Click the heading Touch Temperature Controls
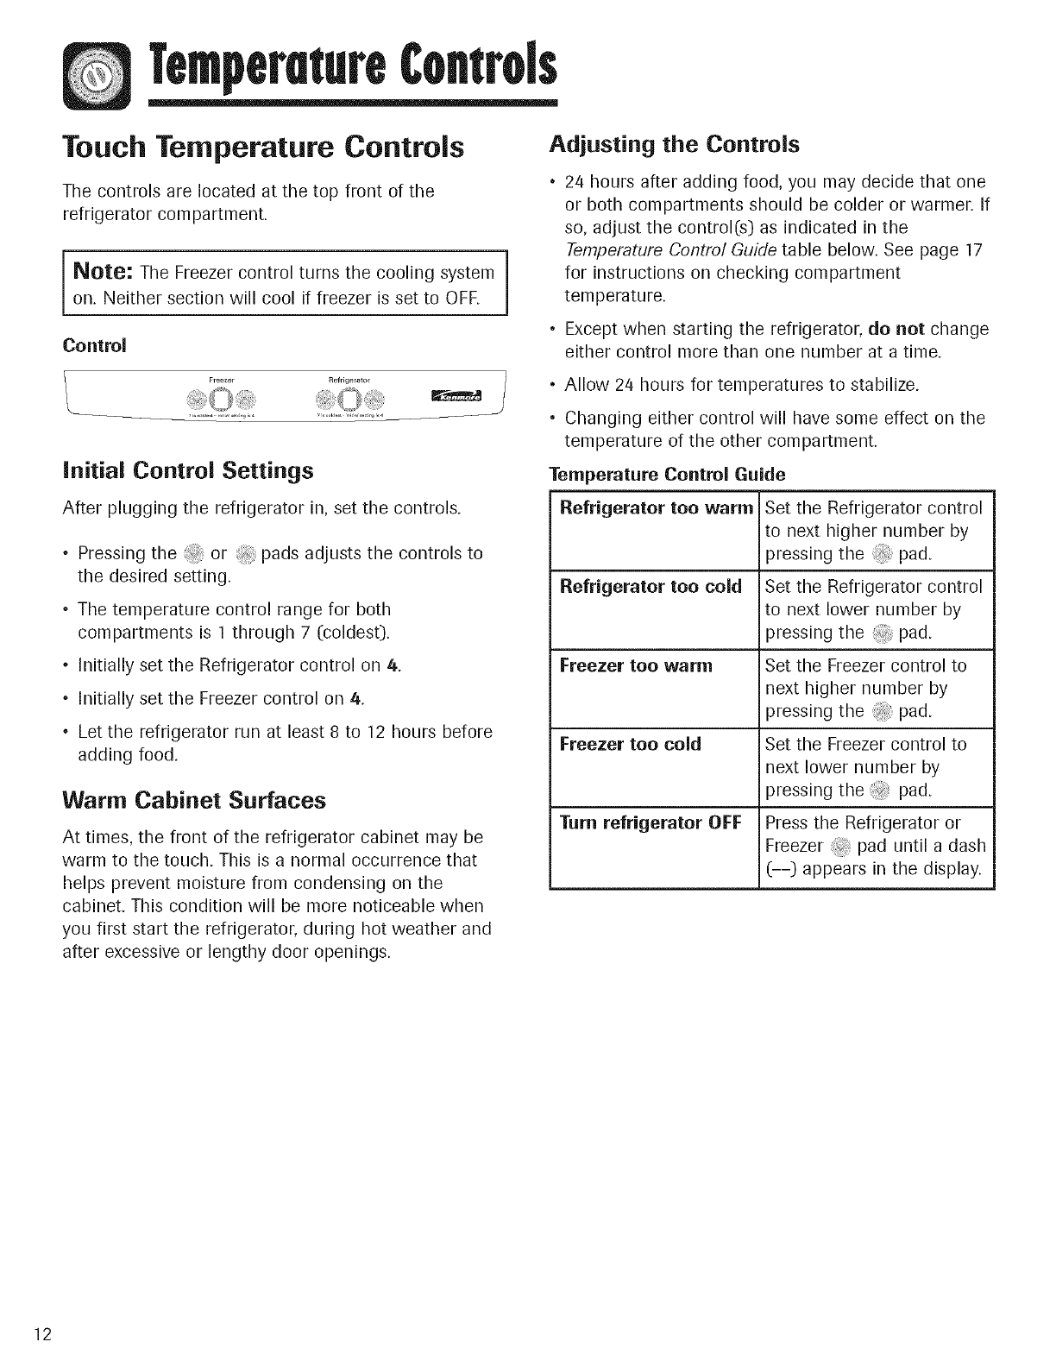point(264,147)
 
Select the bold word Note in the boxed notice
point(100,273)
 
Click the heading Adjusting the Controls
point(674,144)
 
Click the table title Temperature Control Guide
point(667,476)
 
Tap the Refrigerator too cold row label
point(651,587)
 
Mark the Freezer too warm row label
point(636,665)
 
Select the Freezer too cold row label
point(630,744)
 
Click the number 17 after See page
point(973,250)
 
